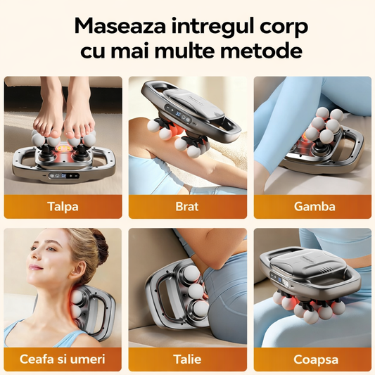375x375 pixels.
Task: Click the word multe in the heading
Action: coord(182,51)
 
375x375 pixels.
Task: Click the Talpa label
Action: coord(63,206)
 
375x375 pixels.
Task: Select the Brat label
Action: coord(187,206)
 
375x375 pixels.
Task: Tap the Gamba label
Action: coord(314,206)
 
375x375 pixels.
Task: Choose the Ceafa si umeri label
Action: coord(63,359)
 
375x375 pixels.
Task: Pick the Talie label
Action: coord(187,359)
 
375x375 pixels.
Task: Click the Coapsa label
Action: coord(316,360)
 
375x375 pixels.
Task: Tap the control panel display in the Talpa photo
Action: coord(63,176)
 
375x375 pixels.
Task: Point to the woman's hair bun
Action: coord(97,241)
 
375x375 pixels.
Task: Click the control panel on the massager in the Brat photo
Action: coord(178,113)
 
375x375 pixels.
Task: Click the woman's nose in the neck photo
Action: coord(32,258)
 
